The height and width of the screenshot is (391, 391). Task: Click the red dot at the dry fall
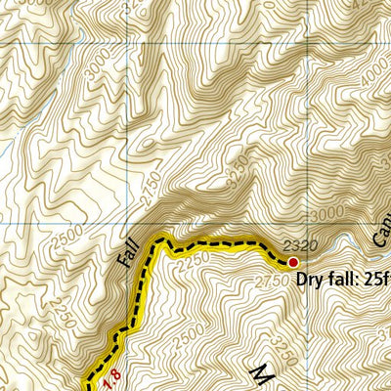click(292, 261)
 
